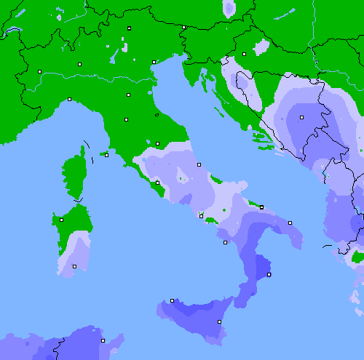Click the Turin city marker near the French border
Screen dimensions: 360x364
tap(39, 71)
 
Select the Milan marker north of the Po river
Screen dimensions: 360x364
tap(79, 64)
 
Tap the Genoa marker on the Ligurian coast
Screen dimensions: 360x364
tap(69, 99)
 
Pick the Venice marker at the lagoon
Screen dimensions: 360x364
tap(154, 62)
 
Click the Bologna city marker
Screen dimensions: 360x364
tap(128, 95)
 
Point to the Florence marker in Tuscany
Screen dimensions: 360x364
tap(126, 119)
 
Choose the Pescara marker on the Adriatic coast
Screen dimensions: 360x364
tap(199, 164)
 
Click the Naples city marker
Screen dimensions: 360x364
tap(201, 215)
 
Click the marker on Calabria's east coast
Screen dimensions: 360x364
tap(269, 274)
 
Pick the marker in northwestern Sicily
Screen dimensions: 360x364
tap(172, 300)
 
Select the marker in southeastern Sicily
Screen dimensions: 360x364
tap(219, 321)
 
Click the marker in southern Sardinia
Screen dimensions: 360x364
tap(74, 266)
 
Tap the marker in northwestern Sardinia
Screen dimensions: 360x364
tap(61, 220)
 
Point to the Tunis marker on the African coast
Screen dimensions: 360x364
tap(103, 340)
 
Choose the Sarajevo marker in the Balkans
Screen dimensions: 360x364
tap(301, 116)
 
